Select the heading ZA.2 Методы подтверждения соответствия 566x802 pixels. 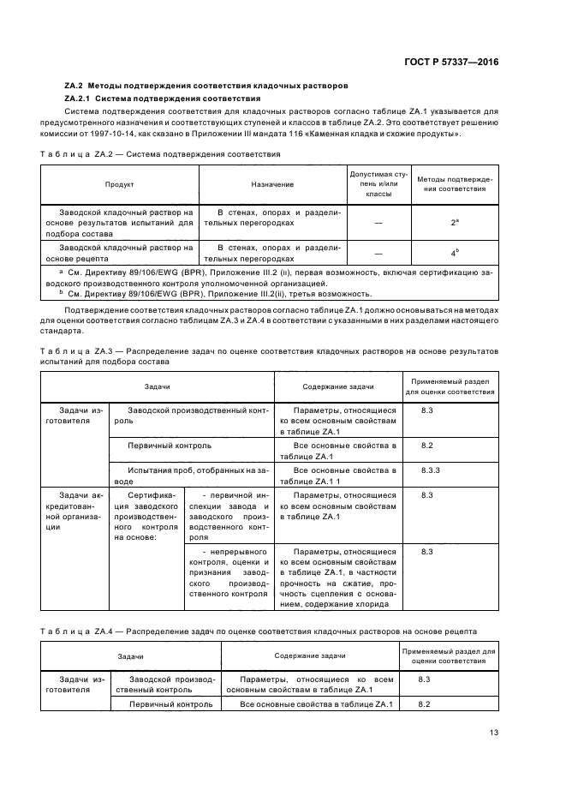coord(206,87)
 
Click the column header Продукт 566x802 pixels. coord(119,184)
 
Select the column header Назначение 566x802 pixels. coord(272,184)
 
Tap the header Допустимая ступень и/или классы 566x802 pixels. coord(378,184)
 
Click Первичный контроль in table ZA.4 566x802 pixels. coord(170,703)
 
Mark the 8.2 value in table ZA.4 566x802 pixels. coord(423,703)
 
